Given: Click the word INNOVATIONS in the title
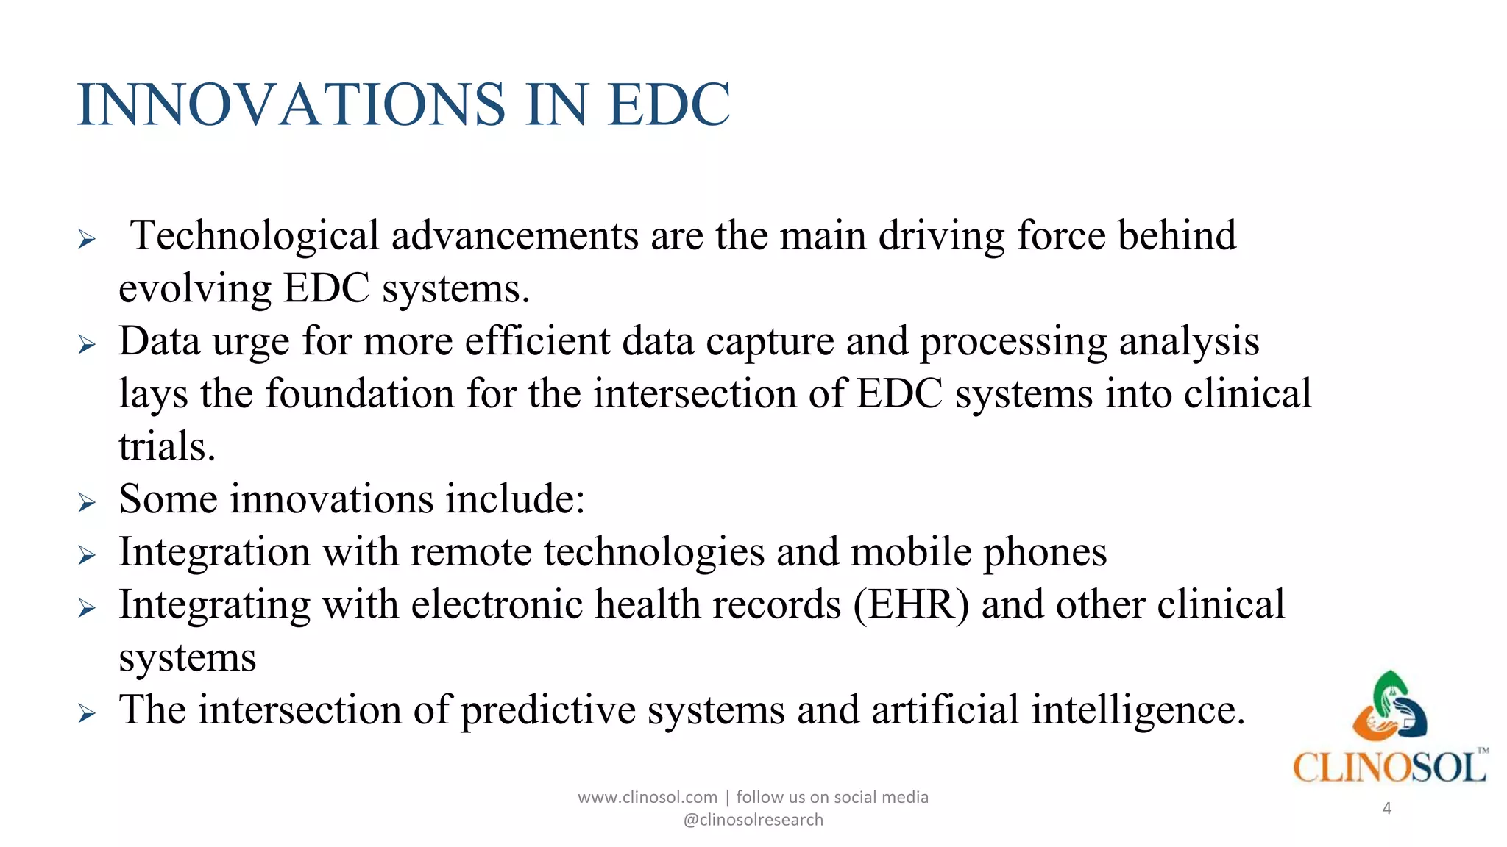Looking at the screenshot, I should (291, 104).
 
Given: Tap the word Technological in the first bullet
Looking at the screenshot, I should (255, 237).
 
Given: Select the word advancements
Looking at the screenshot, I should (515, 237).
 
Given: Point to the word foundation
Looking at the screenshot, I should (359, 394).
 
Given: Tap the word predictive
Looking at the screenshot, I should (548, 710).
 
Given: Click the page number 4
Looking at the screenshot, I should (1386, 809).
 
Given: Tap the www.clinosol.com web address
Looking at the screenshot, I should (647, 797).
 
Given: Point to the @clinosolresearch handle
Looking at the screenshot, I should (753, 820).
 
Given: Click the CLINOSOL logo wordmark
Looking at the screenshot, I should (1389, 768).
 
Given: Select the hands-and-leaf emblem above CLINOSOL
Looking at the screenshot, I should (1389, 706).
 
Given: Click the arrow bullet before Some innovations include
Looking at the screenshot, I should (87, 503).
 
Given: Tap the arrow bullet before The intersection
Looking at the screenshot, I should (87, 713).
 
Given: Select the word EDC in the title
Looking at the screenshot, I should (669, 104).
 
